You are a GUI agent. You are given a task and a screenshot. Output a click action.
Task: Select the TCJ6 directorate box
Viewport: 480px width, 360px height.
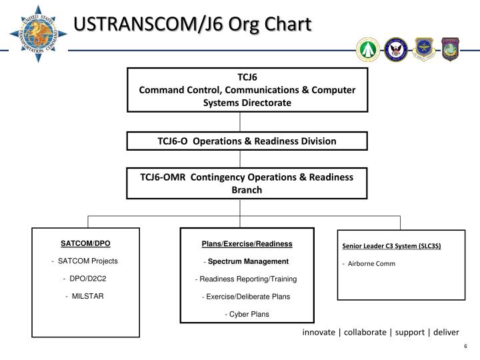[x=247, y=89]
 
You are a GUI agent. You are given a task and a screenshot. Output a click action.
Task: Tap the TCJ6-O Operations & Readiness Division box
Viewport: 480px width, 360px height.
[x=247, y=141]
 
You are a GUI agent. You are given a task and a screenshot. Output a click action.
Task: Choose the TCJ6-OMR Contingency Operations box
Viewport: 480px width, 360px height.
[x=247, y=183]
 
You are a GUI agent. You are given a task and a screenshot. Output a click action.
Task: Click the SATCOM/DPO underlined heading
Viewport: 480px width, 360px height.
[x=86, y=243]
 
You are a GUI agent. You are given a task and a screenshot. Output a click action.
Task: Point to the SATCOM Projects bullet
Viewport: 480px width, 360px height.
[x=86, y=261]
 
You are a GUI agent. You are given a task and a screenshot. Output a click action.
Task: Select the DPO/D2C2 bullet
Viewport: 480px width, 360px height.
[x=86, y=278]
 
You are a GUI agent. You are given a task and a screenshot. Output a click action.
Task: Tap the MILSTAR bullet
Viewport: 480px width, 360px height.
[x=86, y=295]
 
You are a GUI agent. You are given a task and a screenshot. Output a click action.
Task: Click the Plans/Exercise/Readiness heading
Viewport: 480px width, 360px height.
[x=247, y=244]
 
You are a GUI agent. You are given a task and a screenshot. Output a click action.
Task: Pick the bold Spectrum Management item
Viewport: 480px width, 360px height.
[x=247, y=261]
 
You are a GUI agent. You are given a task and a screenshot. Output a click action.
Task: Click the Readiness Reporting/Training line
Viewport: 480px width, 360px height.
[x=247, y=279]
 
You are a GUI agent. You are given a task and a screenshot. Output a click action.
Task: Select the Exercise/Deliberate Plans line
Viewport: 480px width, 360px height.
[x=247, y=296]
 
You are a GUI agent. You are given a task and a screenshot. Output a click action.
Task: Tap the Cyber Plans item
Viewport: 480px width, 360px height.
[x=247, y=313]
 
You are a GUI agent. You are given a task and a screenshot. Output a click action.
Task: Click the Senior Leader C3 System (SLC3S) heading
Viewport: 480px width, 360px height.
[x=392, y=246]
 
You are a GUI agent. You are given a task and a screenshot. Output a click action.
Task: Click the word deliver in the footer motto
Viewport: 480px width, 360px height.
[x=445, y=332]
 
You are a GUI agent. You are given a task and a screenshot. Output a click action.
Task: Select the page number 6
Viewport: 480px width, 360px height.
[x=465, y=346]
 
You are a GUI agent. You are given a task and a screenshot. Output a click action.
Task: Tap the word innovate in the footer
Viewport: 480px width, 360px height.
[x=319, y=332]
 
